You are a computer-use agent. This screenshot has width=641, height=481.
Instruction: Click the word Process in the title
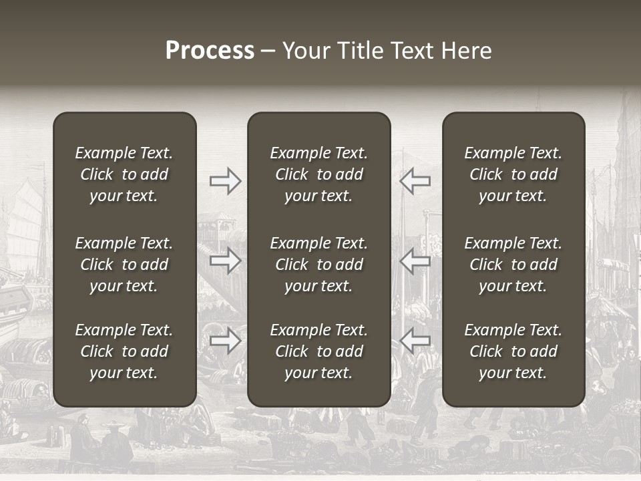click(x=210, y=51)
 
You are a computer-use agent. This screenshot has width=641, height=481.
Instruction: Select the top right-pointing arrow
click(x=226, y=181)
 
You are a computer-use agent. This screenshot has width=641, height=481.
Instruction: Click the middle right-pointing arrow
click(x=226, y=261)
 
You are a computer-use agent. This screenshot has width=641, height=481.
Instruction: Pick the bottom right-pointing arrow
click(x=226, y=341)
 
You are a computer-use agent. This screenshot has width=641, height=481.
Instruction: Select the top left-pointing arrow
click(x=415, y=181)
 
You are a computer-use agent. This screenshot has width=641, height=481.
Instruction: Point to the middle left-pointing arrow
click(x=415, y=261)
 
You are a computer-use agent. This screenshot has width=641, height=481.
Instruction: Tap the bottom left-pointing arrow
click(x=415, y=341)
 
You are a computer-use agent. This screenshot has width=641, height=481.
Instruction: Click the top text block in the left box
click(x=124, y=174)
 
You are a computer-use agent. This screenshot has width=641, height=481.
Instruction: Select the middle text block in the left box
click(x=124, y=265)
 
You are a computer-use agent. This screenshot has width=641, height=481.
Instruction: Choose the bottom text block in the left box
click(x=124, y=351)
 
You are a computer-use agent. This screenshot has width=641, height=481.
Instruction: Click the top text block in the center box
click(x=318, y=174)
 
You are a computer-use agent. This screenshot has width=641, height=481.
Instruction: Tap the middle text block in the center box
click(x=318, y=265)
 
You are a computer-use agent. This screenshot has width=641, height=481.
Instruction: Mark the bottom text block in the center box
click(x=318, y=351)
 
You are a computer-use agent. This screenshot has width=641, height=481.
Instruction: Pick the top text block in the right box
click(x=513, y=174)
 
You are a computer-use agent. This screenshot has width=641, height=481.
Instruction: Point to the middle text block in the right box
click(x=513, y=265)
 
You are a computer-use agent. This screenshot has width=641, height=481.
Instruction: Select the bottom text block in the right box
click(x=513, y=351)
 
